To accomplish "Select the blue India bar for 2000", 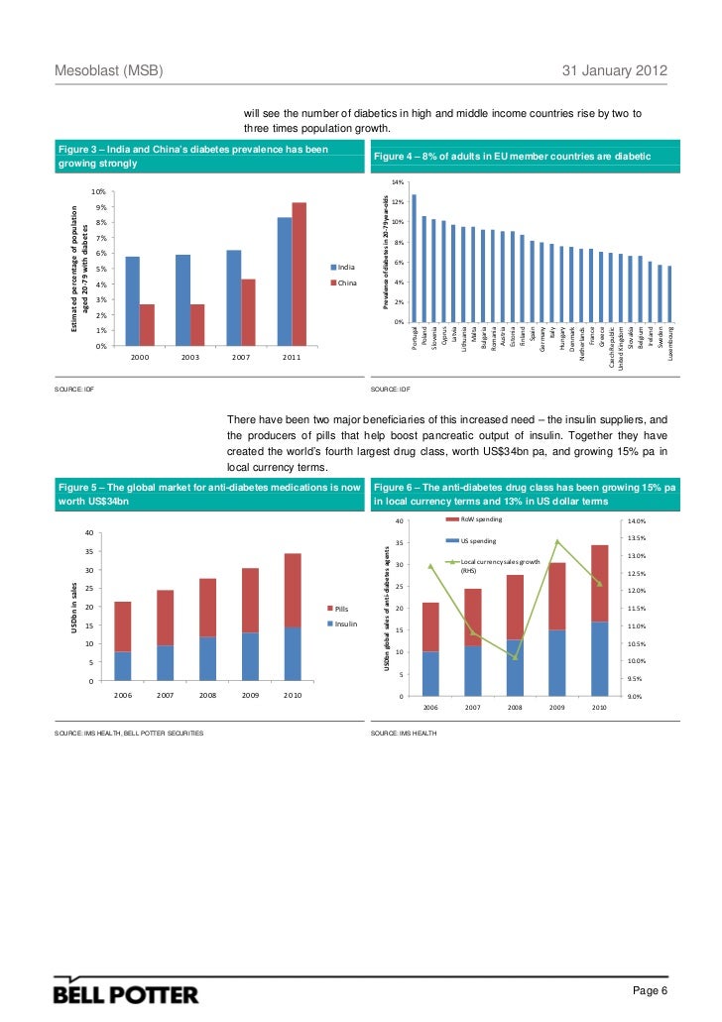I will [133, 300].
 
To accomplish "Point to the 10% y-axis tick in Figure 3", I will [98, 192].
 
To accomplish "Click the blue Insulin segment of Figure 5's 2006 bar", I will [123, 665].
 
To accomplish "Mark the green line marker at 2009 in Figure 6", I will [557, 541].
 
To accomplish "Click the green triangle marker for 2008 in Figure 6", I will [515, 657].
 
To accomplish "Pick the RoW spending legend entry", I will [481, 519].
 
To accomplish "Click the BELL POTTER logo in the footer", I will [126, 992].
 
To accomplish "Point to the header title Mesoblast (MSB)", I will [108, 73].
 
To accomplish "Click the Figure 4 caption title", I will [512, 157].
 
